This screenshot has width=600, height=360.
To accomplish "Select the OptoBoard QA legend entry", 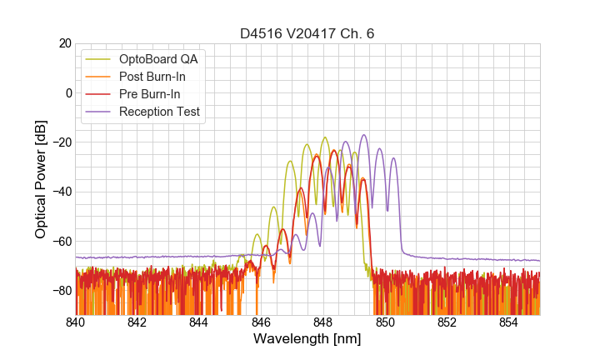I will (158, 59).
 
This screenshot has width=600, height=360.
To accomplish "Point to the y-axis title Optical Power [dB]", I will (41, 179).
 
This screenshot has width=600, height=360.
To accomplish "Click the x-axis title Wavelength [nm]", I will (307, 340).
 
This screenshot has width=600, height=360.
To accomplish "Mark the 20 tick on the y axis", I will (65, 43).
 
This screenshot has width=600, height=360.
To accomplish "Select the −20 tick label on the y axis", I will (62, 142).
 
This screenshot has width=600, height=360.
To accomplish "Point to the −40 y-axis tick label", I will (62, 192).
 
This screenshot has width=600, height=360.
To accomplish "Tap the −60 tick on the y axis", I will (62, 241).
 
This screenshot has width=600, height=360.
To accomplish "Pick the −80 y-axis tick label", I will (62, 291).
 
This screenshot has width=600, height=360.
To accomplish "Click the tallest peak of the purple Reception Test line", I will (364, 135).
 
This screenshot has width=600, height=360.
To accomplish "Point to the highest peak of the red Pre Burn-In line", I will (334, 151).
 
